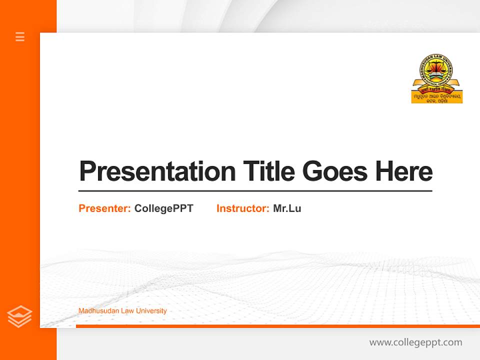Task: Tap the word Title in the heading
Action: click(x=269, y=171)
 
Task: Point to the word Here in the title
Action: click(x=404, y=171)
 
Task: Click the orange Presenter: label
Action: click(x=104, y=208)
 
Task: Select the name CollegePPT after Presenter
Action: click(x=163, y=208)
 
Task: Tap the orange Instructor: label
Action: click(x=242, y=208)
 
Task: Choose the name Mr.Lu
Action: click(x=287, y=208)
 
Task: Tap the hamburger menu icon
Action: click(x=20, y=36)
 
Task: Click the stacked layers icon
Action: click(x=19, y=316)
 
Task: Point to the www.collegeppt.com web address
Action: click(x=415, y=342)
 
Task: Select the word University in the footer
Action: click(x=153, y=311)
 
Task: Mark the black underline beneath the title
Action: click(x=255, y=190)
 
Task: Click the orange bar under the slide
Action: click(x=277, y=326)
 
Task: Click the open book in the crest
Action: click(x=433, y=75)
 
